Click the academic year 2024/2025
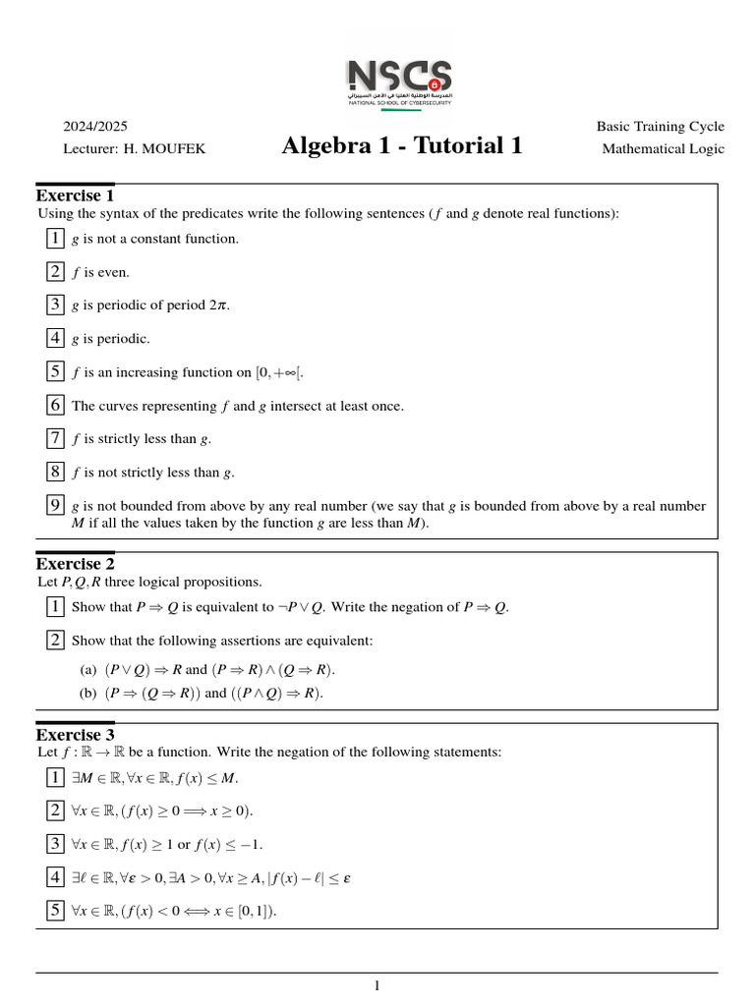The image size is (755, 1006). point(95,127)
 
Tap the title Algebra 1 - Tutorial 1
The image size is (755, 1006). point(401,146)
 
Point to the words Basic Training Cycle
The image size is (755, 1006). point(660,127)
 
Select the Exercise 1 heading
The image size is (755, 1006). point(75,195)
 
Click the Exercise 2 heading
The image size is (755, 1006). point(75,564)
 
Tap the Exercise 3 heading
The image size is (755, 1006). point(75,735)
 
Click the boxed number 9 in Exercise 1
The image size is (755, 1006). point(56,506)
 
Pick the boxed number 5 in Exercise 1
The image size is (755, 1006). point(56,371)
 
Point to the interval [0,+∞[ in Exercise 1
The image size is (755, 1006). point(286,372)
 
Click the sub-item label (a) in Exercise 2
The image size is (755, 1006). point(88,670)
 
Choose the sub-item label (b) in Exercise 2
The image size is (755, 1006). point(88,693)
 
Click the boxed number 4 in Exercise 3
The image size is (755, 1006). point(56,877)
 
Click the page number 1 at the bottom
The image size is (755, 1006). point(377,986)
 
